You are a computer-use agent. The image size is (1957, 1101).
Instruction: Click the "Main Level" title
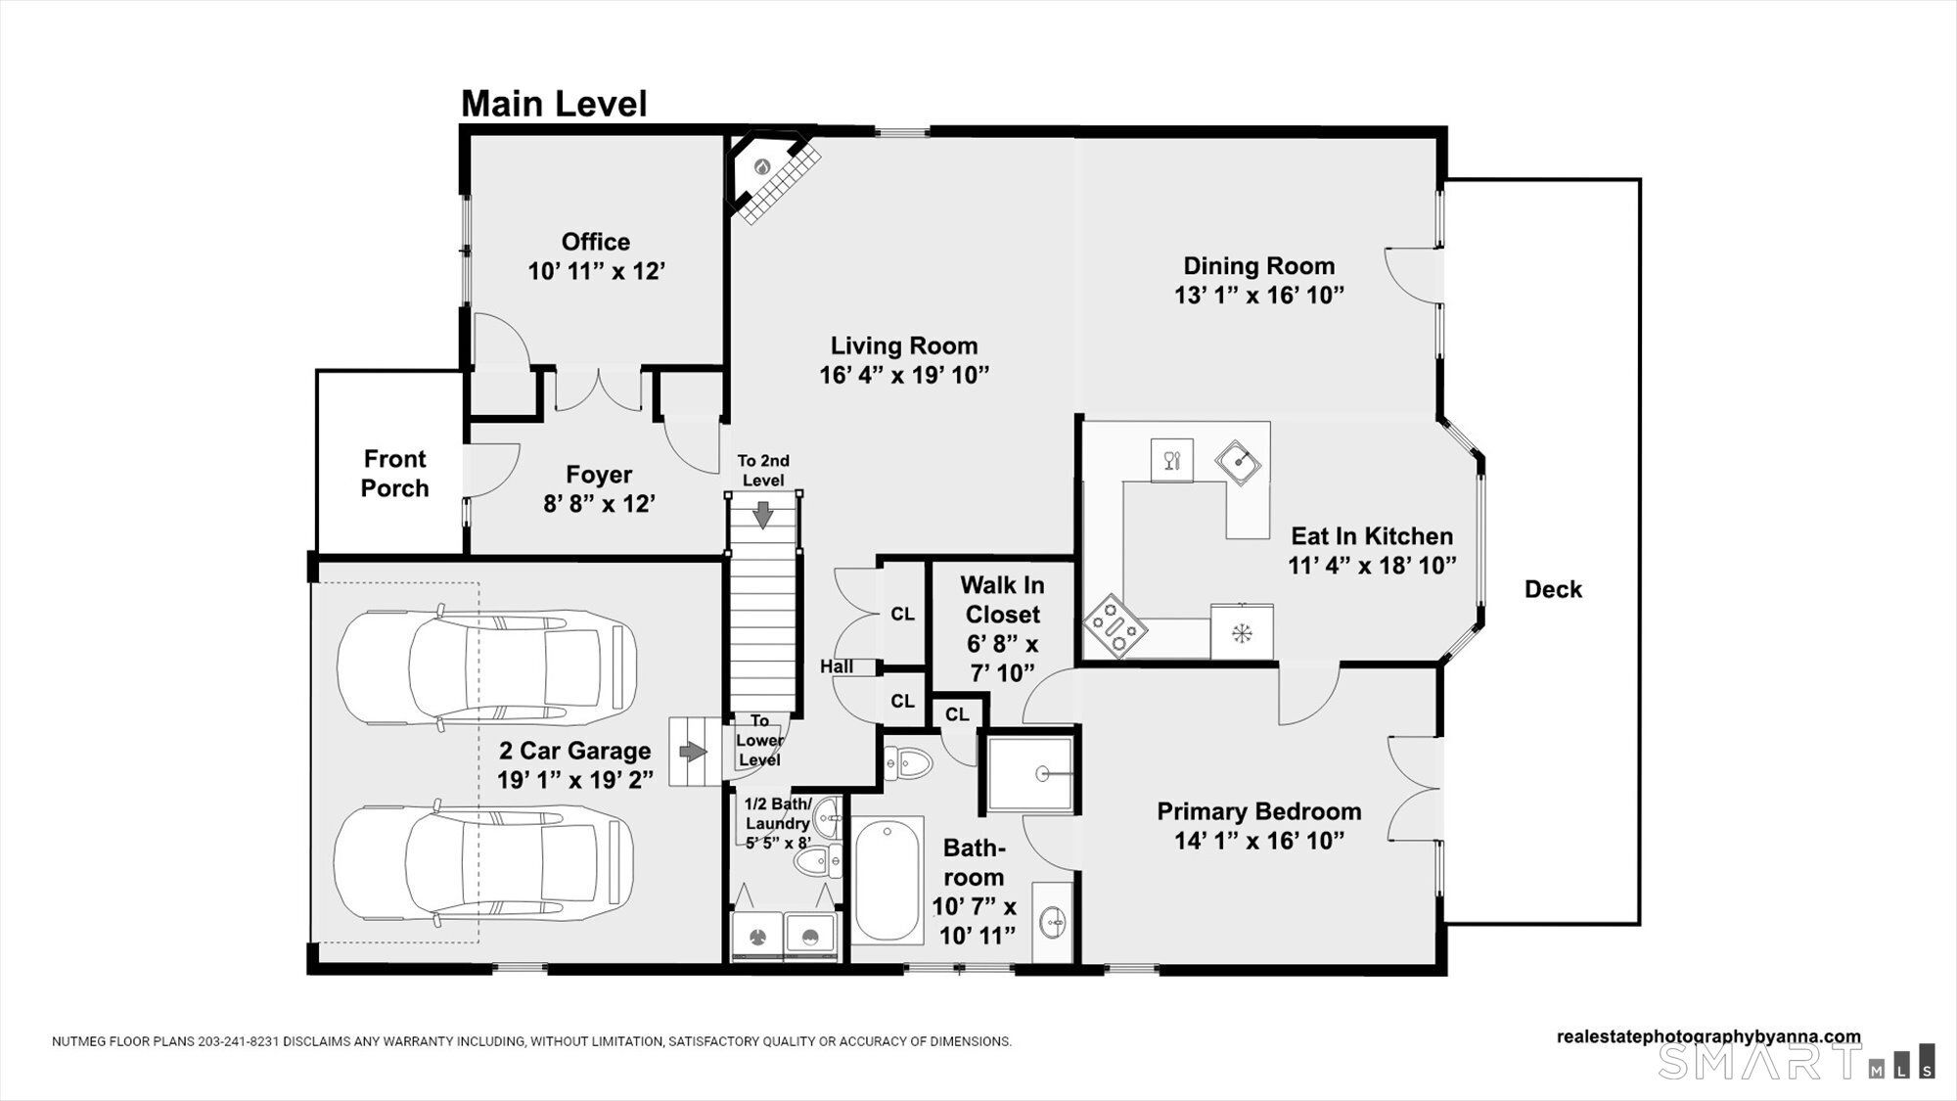click(554, 104)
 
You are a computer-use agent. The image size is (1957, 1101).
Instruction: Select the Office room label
click(596, 242)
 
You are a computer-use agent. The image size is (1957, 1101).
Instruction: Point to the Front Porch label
click(395, 474)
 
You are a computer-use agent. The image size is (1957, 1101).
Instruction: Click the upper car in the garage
click(486, 668)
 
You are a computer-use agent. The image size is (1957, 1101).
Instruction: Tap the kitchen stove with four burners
click(1114, 625)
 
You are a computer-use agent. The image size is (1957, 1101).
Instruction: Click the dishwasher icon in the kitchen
click(1171, 460)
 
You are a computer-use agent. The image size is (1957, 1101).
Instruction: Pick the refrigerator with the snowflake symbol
click(1242, 632)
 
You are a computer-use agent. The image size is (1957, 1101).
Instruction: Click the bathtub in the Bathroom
click(887, 879)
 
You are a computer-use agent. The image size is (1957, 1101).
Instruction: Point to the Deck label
click(1553, 589)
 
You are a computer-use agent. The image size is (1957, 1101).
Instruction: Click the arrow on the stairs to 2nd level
click(763, 513)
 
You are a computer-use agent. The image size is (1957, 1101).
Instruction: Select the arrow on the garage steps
click(693, 752)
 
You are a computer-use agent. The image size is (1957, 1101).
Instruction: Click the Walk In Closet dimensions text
click(1002, 659)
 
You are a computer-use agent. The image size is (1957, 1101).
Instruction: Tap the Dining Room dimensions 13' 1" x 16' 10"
click(1259, 296)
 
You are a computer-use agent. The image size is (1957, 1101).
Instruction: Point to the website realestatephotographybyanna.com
click(1708, 1036)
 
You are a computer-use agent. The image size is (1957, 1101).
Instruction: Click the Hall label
click(837, 666)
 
